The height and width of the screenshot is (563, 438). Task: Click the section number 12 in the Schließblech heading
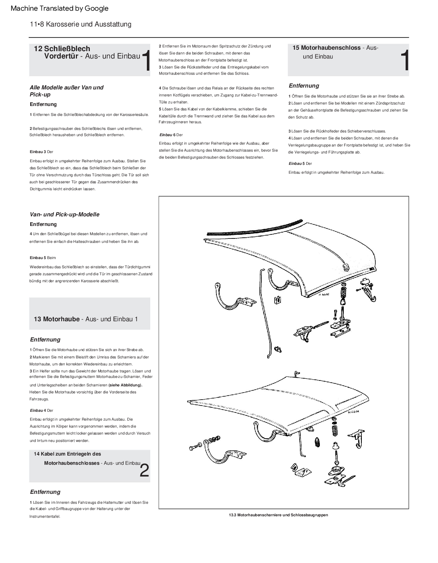point(38,49)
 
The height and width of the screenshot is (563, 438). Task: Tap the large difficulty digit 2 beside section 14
point(145,471)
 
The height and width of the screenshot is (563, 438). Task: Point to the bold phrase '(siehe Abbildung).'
point(125,385)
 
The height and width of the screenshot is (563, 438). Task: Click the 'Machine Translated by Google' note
point(60,8)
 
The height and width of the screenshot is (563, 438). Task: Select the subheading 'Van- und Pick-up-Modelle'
point(64,215)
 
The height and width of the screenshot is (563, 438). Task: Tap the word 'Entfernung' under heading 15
point(304,86)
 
